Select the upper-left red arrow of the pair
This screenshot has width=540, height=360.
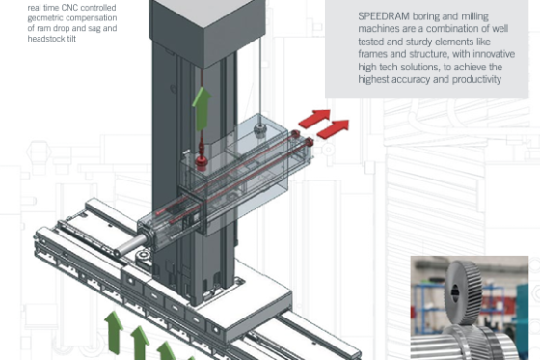tap(313, 119)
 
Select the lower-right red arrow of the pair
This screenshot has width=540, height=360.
tap(335, 127)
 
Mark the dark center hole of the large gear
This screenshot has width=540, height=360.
tap(456, 291)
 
